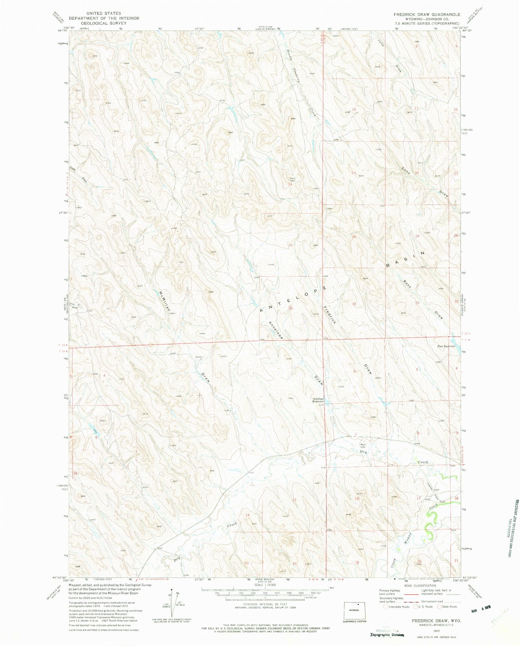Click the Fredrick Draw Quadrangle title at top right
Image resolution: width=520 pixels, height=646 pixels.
427,14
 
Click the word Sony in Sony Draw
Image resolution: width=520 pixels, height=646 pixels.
406,171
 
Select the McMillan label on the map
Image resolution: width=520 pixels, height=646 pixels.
164,301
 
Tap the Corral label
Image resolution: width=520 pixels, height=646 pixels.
199,357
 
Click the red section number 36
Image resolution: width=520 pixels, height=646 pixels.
291,309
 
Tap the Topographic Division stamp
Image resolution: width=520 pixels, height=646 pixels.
387,635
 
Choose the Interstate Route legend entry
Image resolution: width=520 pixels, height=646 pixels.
396,607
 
